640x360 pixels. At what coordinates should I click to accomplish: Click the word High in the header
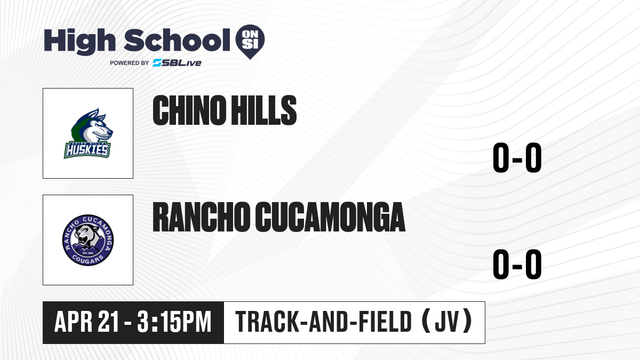79,42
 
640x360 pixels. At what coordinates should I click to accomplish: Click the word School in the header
177,40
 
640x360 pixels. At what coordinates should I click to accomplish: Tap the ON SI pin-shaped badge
250,42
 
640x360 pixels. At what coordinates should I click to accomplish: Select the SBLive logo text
177,62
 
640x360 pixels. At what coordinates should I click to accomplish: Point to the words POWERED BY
130,63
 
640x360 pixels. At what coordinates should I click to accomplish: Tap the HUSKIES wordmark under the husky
87,150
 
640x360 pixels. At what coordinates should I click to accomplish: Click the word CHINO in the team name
189,110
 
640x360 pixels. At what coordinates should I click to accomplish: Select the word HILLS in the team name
263,110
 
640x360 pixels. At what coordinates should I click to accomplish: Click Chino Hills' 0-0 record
517,157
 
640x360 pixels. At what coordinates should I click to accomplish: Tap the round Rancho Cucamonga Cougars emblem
88,240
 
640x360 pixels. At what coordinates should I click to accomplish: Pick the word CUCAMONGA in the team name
330,217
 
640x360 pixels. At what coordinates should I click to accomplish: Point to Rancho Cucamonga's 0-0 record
517,264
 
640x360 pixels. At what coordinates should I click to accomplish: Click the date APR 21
86,322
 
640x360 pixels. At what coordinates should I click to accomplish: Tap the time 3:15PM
174,322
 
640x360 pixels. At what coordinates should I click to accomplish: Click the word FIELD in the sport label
385,322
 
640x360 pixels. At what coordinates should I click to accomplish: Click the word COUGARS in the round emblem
87,260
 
